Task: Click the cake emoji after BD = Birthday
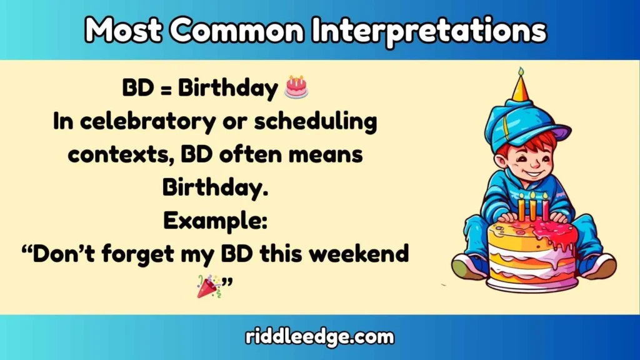point(296,87)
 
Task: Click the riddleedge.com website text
point(319,337)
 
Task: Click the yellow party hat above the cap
point(520,87)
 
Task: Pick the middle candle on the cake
point(532,206)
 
